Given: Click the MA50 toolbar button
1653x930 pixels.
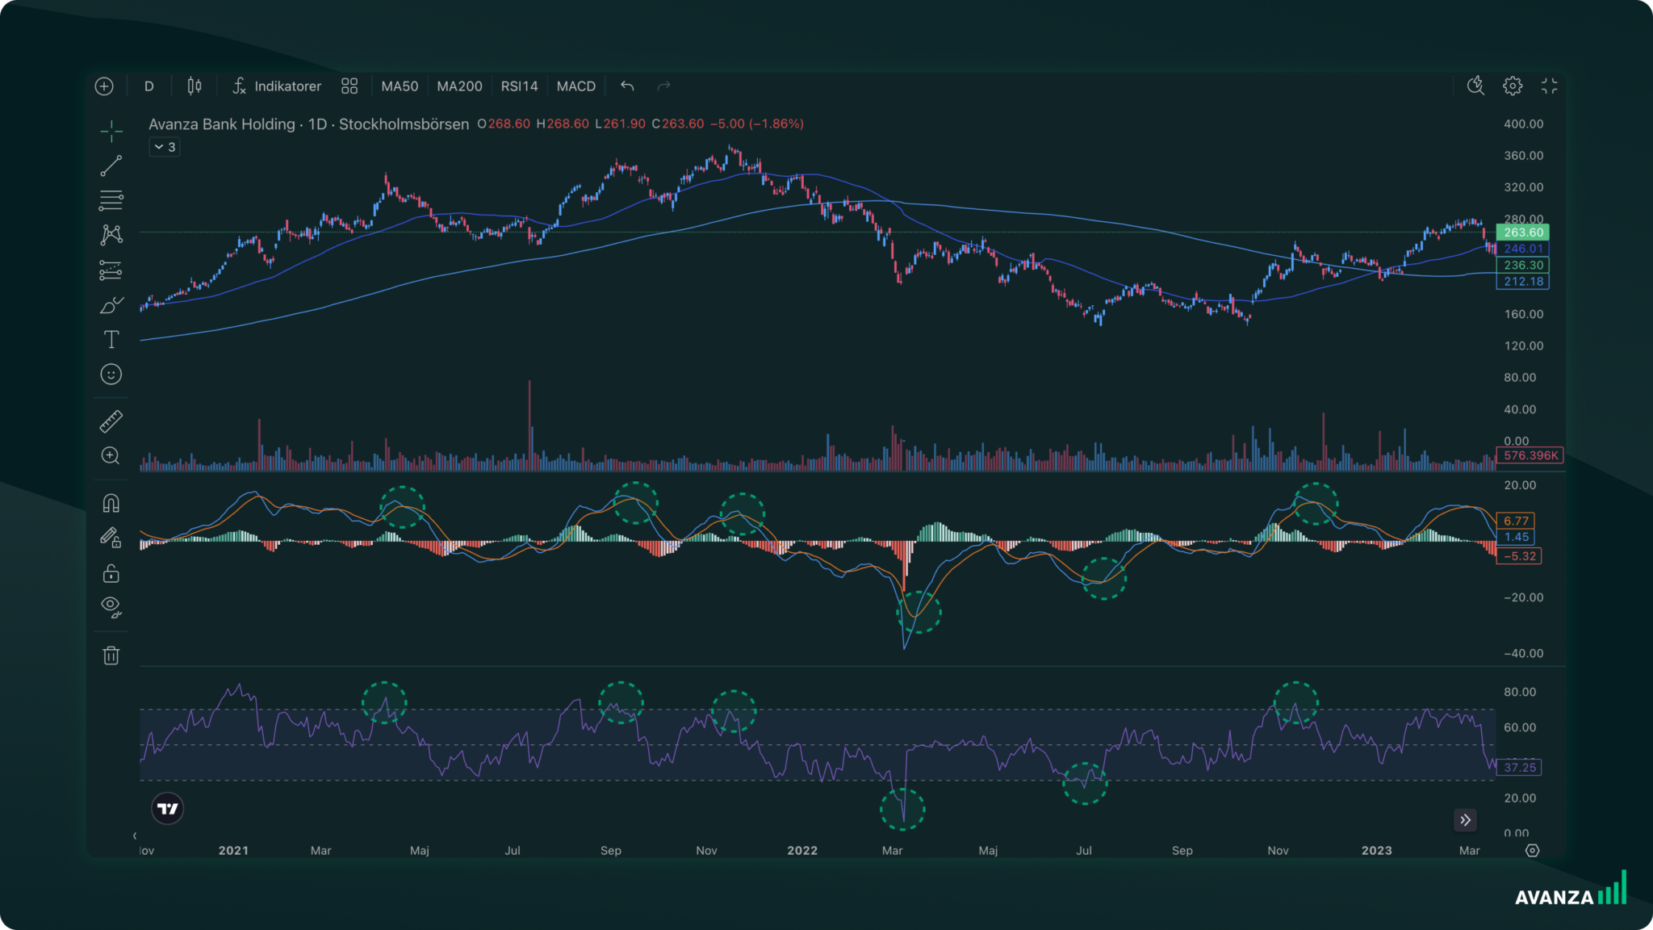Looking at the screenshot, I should (x=400, y=86).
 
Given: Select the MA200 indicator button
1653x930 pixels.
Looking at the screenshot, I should (x=459, y=86).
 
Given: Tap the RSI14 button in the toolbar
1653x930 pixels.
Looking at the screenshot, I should (x=519, y=86).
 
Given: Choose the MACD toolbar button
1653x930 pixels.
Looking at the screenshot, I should (x=576, y=86).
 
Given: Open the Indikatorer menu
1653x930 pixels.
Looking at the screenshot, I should (x=277, y=86).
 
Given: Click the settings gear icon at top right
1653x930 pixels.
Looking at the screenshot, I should (x=1513, y=86).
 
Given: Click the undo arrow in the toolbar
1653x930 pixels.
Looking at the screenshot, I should (x=627, y=86).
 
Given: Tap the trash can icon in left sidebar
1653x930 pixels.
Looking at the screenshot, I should (x=111, y=656).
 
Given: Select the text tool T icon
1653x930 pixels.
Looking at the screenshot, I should (x=111, y=340).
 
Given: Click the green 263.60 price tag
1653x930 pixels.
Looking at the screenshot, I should (x=1522, y=232).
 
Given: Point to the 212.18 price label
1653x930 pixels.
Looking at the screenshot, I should (x=1522, y=282).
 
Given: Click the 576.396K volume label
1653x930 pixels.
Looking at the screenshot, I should (x=1530, y=455).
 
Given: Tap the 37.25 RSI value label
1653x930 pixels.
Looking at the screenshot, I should (x=1519, y=768).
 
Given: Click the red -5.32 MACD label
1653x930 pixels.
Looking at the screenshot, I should (x=1519, y=556).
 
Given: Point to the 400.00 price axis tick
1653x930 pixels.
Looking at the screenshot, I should (x=1523, y=124).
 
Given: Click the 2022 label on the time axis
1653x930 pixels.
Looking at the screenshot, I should (x=802, y=851).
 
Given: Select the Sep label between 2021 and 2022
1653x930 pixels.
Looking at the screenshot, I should (x=611, y=851).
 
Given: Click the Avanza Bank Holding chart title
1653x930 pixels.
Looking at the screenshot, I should (x=308, y=124).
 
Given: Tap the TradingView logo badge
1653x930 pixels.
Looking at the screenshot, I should (x=168, y=809).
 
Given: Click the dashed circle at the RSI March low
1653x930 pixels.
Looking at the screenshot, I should (x=902, y=810).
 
